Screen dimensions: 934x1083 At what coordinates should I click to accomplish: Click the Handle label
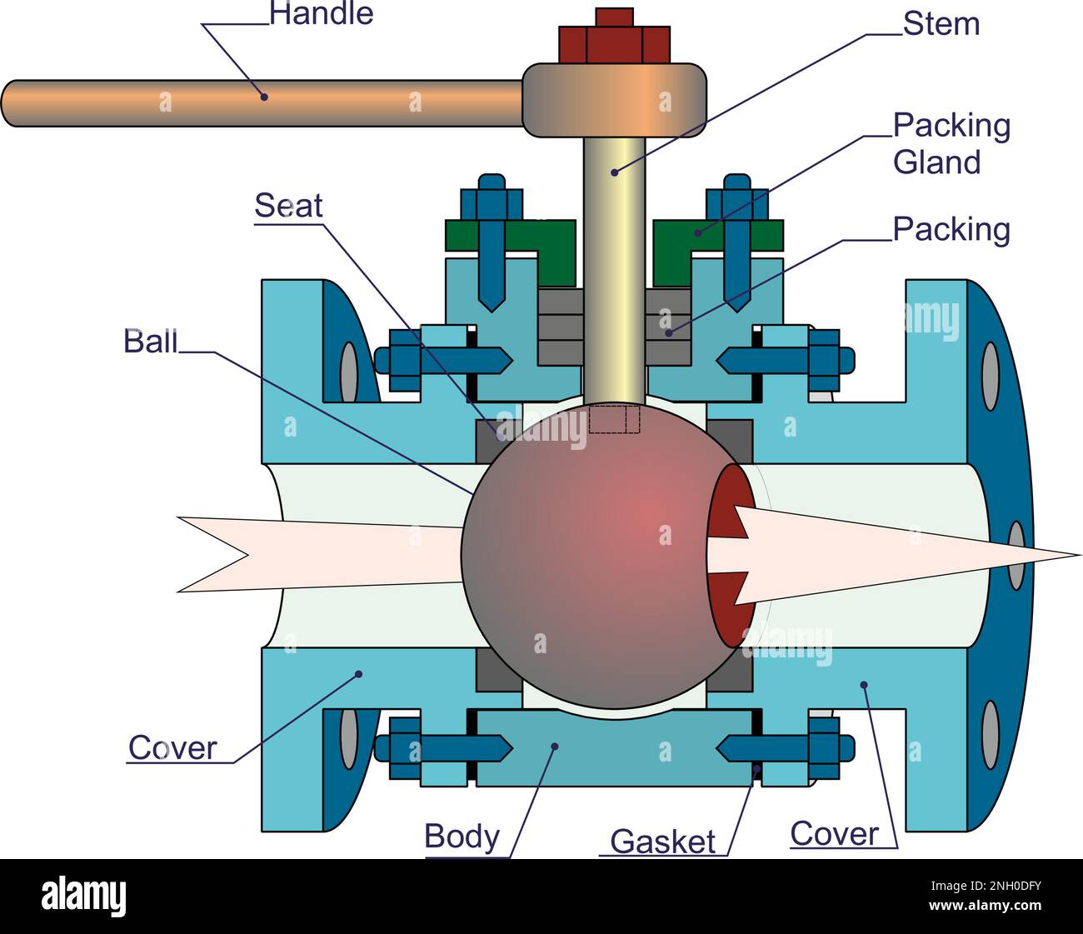[321, 13]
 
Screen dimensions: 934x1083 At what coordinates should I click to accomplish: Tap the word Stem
[941, 24]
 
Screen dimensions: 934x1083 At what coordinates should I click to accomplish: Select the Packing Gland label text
[951, 143]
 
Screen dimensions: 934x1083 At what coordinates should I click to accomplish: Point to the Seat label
[288, 206]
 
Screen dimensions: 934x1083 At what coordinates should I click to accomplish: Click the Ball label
[151, 342]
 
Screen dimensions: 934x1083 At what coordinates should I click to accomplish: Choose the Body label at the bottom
[462, 836]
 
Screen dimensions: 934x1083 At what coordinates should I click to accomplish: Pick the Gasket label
[662, 842]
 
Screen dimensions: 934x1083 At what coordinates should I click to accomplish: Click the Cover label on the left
[172, 748]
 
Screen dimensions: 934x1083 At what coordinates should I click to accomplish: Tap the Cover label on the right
[834, 833]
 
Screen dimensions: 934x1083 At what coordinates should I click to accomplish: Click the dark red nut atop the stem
[615, 42]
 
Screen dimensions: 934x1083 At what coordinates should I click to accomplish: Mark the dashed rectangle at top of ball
[614, 418]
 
